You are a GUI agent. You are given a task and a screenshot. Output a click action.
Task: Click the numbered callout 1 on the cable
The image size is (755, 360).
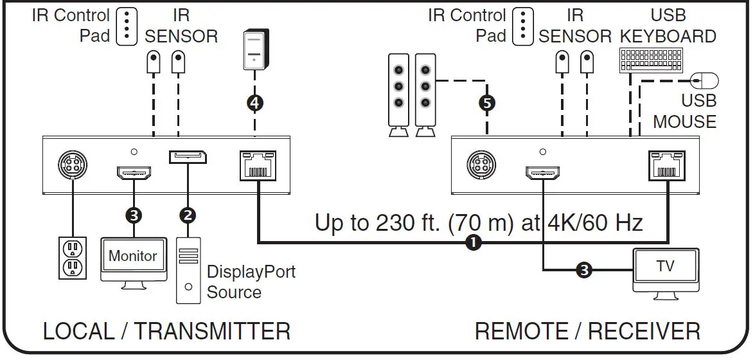(x=474, y=243)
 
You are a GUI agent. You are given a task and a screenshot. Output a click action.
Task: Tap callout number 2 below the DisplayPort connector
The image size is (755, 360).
(x=188, y=215)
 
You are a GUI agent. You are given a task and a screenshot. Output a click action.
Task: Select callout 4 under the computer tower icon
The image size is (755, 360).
(x=256, y=102)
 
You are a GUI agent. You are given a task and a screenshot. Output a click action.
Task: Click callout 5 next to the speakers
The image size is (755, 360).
(x=487, y=102)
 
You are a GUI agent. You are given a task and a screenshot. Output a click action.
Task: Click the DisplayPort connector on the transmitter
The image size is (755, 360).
(x=188, y=157)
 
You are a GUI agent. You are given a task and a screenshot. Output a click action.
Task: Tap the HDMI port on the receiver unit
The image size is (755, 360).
(x=543, y=172)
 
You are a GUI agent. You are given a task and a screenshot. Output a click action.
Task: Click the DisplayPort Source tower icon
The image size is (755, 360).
(x=188, y=270)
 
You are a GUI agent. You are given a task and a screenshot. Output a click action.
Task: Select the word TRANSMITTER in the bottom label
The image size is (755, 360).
(x=213, y=332)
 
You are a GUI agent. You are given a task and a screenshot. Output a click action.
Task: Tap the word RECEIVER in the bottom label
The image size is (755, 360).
(x=644, y=332)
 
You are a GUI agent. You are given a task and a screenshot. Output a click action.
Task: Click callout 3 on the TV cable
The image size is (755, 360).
(x=583, y=271)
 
